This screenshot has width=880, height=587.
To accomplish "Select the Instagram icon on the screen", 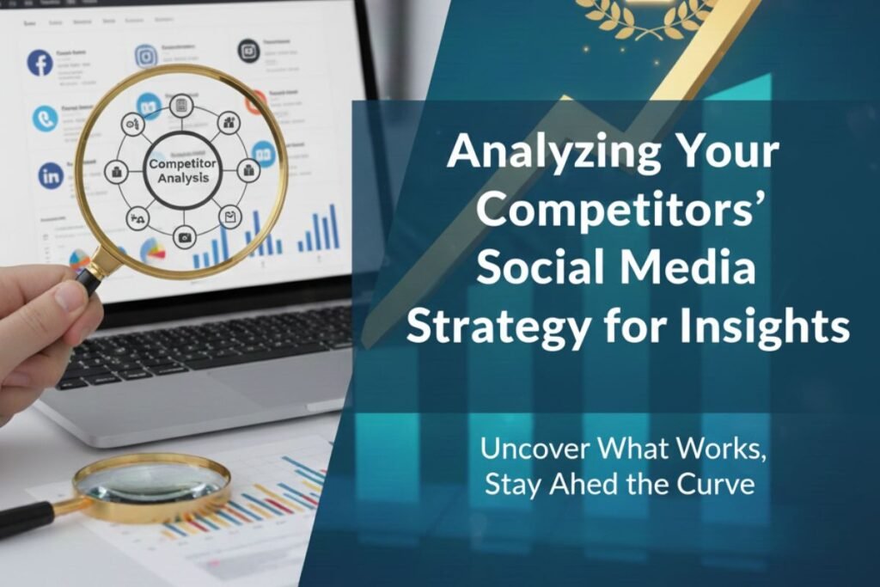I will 146,57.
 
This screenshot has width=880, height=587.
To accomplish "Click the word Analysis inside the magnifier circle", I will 183,179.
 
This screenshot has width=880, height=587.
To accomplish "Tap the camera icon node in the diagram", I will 184,235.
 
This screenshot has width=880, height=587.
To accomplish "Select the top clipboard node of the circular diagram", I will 181,106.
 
